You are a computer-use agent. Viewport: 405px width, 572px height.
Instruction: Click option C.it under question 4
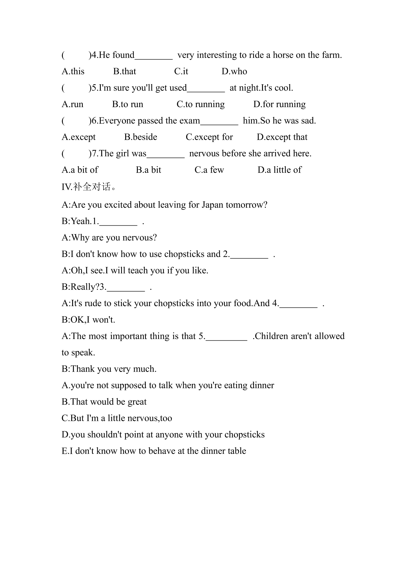click(181, 71)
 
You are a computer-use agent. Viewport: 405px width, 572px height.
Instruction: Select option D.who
click(234, 71)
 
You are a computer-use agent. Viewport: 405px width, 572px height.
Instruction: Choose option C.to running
click(201, 104)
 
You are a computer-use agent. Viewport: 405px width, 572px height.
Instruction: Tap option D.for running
click(279, 104)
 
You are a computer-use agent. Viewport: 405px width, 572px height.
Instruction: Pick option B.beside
click(140, 137)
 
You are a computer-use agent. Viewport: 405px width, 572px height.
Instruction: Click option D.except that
click(282, 137)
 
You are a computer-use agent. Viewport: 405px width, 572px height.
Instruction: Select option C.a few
click(209, 170)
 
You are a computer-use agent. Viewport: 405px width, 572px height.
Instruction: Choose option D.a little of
click(280, 170)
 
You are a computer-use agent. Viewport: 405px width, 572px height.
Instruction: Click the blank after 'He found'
click(154, 56)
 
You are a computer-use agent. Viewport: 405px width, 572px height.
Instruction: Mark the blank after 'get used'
click(206, 89)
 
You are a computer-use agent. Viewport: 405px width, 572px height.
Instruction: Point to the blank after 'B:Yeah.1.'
click(118, 222)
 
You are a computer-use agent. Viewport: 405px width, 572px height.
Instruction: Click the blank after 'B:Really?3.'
click(126, 288)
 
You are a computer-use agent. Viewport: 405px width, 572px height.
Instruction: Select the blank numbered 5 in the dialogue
click(226, 337)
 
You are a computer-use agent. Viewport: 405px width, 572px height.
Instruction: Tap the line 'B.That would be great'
click(104, 402)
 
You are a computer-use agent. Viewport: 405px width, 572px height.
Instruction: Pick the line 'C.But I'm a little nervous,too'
click(117, 418)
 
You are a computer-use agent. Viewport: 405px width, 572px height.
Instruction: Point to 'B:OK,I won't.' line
click(88, 320)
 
